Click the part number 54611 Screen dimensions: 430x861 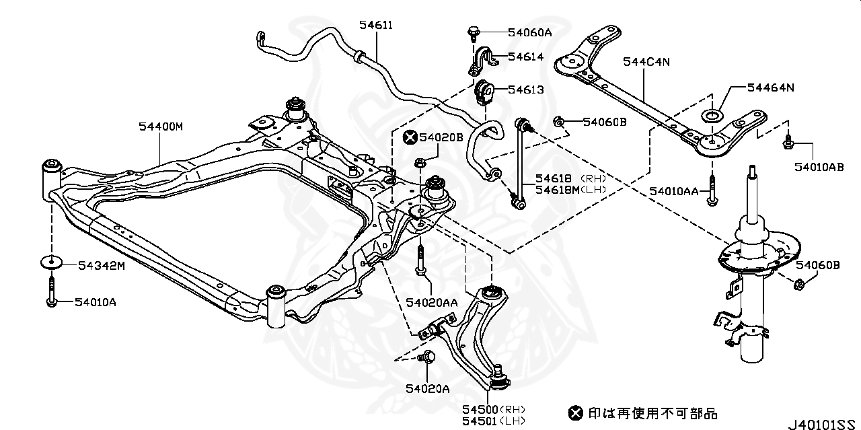tap(375, 26)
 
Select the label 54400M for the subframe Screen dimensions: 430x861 tap(161, 126)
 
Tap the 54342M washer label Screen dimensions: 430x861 tap(102, 266)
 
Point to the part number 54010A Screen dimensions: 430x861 tap(95, 302)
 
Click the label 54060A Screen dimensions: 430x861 tap(529, 32)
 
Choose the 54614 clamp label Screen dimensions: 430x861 tap(526, 57)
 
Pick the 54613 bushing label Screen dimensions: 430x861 tap(526, 89)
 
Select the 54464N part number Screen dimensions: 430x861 tap(771, 87)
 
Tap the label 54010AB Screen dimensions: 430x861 tap(818, 167)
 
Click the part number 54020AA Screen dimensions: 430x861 tap(431, 303)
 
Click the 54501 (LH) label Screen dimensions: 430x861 tap(494, 421)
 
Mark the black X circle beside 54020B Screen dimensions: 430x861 tap(409, 137)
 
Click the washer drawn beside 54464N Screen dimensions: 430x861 tap(711, 117)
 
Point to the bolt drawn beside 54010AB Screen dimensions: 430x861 tap(787, 141)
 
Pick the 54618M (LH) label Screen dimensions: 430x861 tap(570, 189)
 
